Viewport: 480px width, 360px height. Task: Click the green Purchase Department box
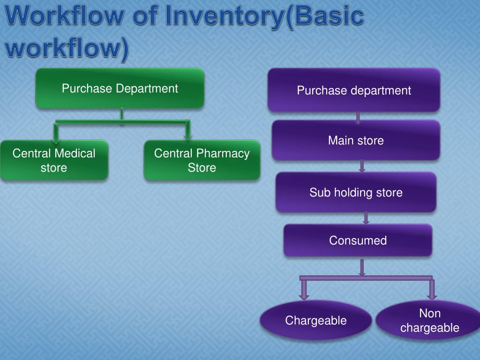(x=120, y=88)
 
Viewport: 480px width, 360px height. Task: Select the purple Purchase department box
(x=354, y=90)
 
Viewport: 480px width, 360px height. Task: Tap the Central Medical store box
(x=54, y=160)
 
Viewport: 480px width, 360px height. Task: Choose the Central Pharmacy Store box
(x=202, y=160)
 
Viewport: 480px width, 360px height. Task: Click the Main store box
(x=356, y=140)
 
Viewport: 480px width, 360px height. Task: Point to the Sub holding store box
(x=356, y=192)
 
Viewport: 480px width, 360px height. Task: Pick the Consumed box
(x=358, y=240)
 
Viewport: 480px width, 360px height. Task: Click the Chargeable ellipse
(x=316, y=321)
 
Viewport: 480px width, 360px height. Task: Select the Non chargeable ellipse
(x=429, y=321)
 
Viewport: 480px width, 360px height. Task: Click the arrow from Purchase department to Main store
(x=358, y=118)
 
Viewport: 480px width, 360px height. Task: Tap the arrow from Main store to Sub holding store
(x=362, y=166)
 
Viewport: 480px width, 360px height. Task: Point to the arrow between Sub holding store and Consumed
(x=366, y=218)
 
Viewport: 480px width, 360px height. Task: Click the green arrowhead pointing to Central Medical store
(x=56, y=137)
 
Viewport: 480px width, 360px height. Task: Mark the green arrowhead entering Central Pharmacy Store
(x=188, y=136)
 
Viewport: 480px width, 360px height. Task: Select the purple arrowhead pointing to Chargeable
(x=304, y=295)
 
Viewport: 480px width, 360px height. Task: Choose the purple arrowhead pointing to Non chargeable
(x=432, y=295)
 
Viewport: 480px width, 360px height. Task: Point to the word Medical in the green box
(x=75, y=153)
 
